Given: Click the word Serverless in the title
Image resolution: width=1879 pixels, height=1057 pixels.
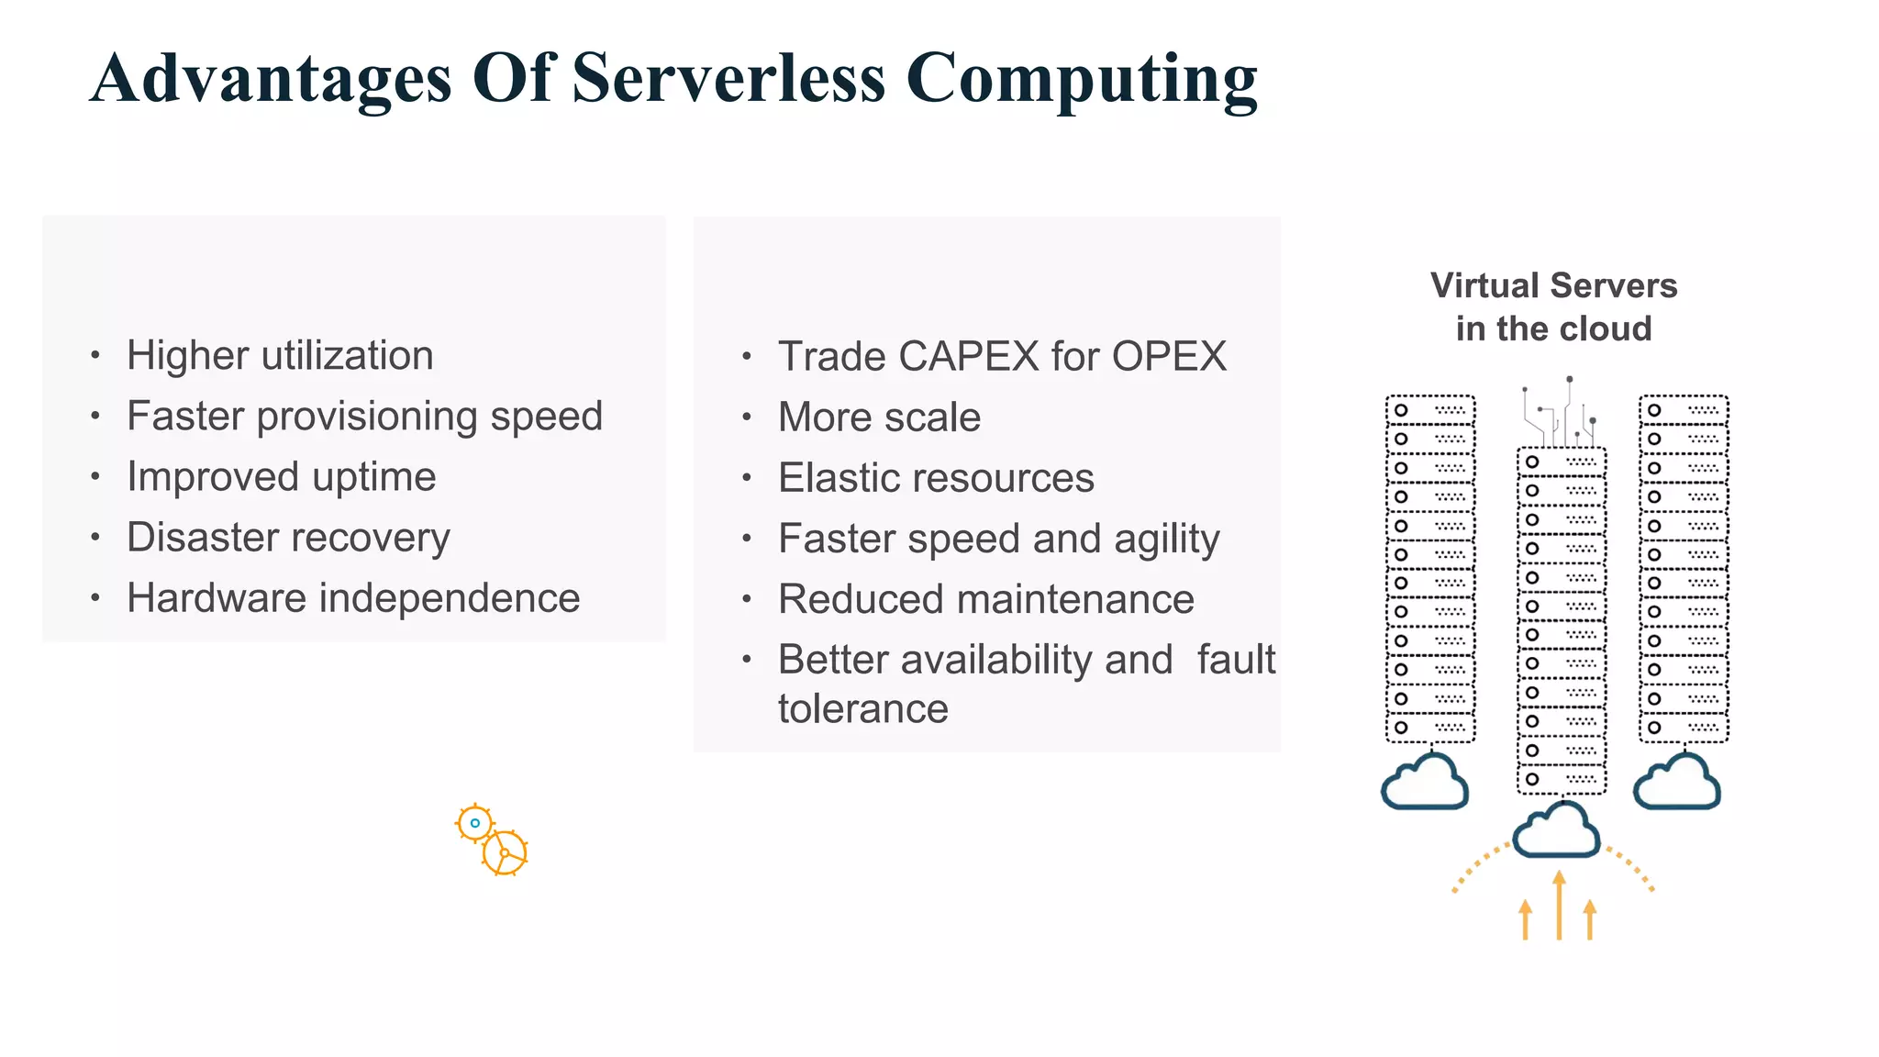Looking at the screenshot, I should [x=728, y=78].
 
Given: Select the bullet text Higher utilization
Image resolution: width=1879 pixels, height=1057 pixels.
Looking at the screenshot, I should [x=280, y=355].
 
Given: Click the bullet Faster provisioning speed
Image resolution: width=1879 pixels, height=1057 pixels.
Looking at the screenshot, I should [x=364, y=416].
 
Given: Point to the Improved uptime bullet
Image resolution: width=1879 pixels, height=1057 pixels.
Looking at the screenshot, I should [x=281, y=476].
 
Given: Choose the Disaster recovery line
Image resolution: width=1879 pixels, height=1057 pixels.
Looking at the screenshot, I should [x=288, y=538].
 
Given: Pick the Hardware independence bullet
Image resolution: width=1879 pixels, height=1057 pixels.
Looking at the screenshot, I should [x=353, y=598].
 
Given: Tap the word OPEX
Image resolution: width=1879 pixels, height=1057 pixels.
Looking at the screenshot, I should [x=1169, y=356].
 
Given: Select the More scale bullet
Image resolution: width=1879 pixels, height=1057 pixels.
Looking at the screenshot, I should [x=879, y=417].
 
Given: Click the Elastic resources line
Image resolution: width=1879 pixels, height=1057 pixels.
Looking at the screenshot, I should [x=936, y=478].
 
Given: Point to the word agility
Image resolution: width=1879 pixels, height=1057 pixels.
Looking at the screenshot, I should [x=1166, y=540].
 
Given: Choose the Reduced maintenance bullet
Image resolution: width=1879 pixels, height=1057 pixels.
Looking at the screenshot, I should [x=986, y=599].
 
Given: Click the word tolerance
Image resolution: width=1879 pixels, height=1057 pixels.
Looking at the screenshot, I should [x=862, y=709].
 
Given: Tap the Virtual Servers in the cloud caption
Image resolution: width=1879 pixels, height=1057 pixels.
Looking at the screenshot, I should [x=1553, y=306].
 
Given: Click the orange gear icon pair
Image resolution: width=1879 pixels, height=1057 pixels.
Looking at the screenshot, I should [x=492, y=840].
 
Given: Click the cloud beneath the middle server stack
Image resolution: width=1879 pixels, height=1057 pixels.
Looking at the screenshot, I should [x=1556, y=830].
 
